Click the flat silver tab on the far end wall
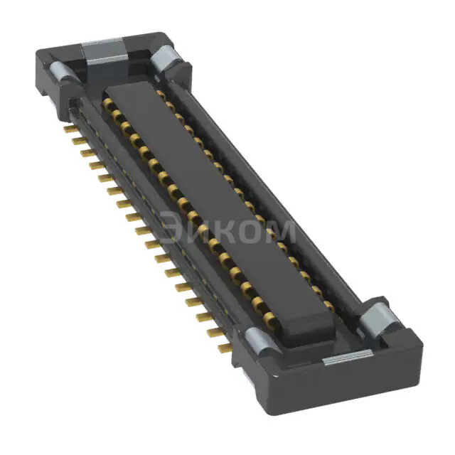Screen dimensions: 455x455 104,51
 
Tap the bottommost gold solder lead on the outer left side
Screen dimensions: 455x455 223,348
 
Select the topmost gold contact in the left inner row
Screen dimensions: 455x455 109,104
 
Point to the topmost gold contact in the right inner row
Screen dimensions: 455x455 161,92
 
